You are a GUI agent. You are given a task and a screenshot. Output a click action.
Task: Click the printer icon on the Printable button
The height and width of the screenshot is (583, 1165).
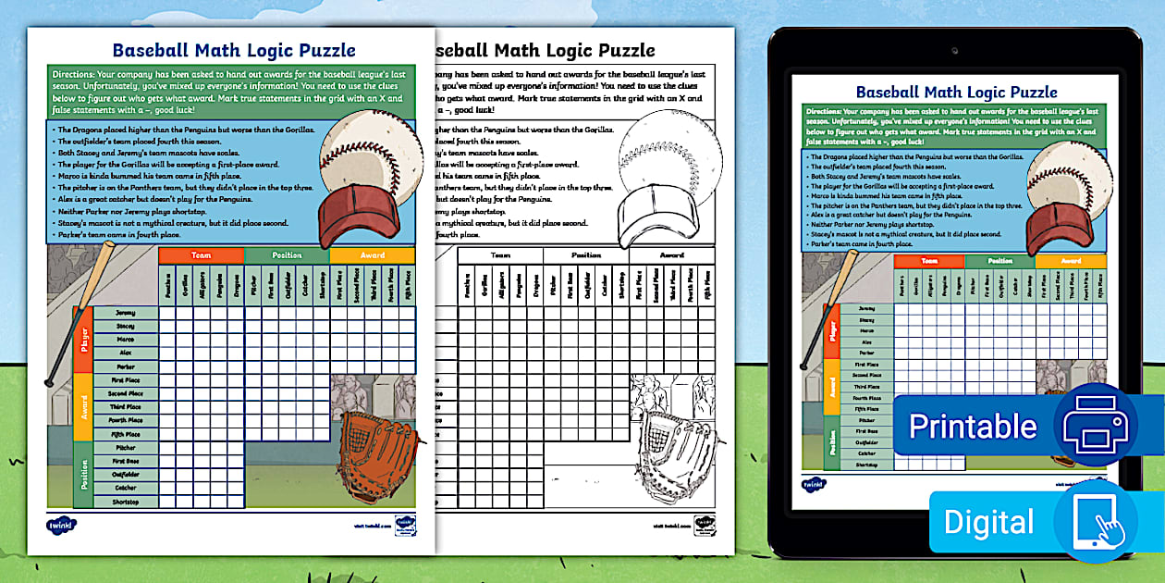(1095, 425)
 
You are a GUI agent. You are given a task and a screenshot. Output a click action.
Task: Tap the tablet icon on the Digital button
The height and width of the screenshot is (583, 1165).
(1095, 521)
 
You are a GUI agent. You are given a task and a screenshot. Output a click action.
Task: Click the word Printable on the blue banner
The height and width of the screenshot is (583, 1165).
(973, 426)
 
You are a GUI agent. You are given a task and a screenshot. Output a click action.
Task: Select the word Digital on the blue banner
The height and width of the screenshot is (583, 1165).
(988, 522)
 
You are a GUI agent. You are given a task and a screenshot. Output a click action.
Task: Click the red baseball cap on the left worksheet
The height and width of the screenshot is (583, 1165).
(358, 213)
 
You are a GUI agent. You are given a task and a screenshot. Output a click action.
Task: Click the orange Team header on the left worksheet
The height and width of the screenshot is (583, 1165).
(201, 255)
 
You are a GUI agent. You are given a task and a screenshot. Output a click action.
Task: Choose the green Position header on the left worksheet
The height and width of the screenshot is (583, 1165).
(287, 255)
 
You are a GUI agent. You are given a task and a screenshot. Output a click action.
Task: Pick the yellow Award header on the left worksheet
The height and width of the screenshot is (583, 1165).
(372, 255)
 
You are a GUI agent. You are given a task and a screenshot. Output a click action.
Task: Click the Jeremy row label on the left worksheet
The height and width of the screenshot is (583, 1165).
(125, 313)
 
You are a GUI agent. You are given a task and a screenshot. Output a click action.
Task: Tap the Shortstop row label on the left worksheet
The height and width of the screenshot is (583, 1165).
(125, 502)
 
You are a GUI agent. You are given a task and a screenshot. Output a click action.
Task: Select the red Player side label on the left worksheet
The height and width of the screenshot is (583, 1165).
(83, 340)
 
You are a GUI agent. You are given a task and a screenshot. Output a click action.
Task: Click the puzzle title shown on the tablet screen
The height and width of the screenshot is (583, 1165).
(956, 92)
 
